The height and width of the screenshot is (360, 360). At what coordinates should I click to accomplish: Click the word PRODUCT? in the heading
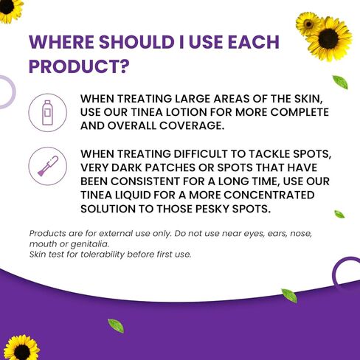coord(79,66)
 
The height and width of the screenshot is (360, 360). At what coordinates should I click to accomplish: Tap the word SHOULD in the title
coord(136,42)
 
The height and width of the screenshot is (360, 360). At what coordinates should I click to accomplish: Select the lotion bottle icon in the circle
coord(47,113)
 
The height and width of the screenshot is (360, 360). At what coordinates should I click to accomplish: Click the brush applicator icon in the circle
coord(48,166)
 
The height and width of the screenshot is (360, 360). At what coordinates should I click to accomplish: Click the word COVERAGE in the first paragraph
coord(192,125)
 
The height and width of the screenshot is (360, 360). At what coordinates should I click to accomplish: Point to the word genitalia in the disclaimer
coord(89,244)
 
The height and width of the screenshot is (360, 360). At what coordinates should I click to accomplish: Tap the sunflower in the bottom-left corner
coord(21,348)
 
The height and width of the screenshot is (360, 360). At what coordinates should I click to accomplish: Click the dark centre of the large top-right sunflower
coord(328,39)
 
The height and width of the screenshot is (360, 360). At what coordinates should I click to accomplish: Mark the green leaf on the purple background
coord(116,325)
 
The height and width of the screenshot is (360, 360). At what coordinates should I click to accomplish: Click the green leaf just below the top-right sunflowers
coord(340,82)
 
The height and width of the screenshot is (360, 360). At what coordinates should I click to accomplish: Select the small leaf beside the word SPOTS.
coord(339,214)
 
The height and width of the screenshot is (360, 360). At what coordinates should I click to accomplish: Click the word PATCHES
coord(170,167)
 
